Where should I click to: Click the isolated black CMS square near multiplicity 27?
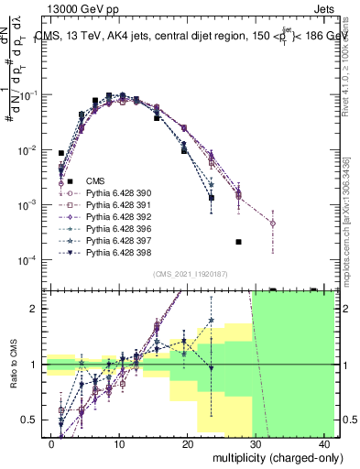click(238, 242)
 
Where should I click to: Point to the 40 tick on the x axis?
click(325, 443)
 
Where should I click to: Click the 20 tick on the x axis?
click(188, 443)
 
